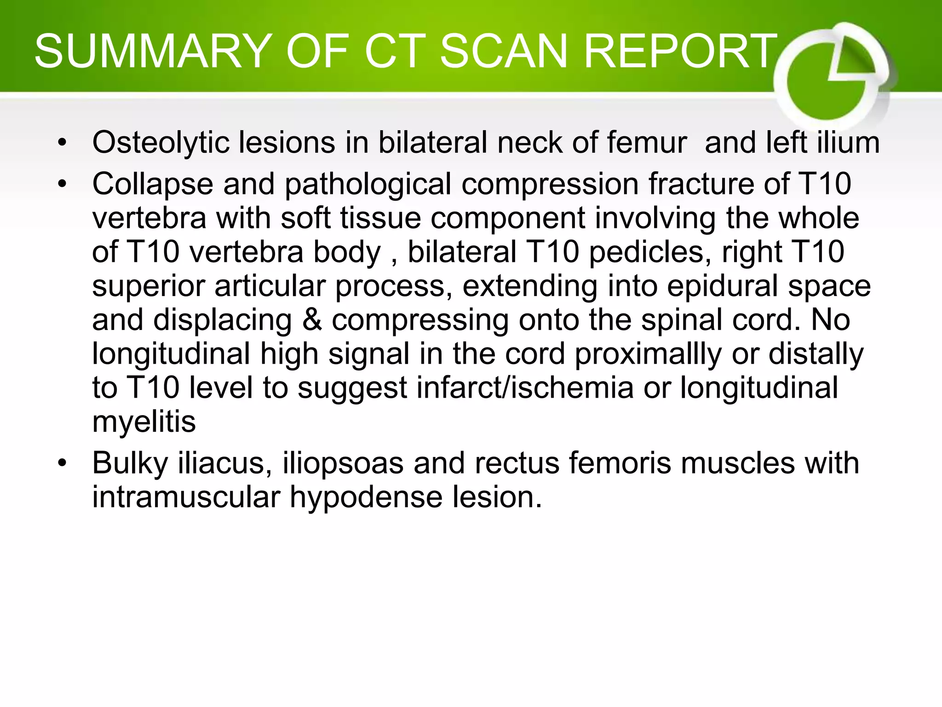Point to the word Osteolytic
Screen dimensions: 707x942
tap(161, 142)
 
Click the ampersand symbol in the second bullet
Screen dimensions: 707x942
tap(312, 319)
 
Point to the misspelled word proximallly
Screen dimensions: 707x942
tap(648, 353)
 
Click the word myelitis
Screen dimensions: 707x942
tap(144, 422)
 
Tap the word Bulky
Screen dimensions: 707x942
tap(130, 463)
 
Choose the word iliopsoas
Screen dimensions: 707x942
tap(343, 463)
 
